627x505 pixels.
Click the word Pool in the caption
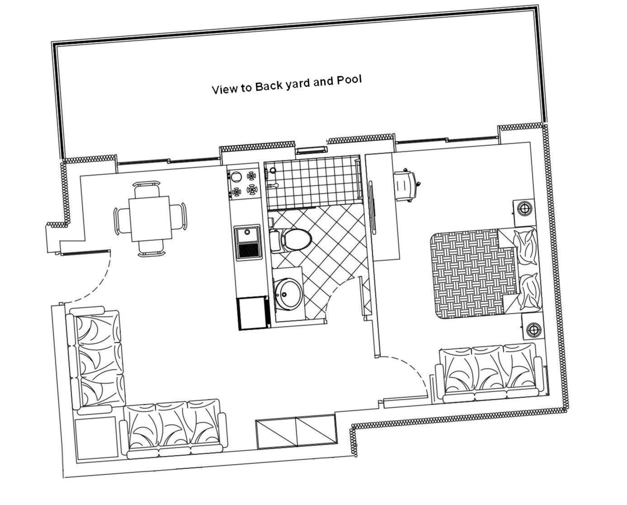[349, 80]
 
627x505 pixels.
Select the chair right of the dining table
[178, 216]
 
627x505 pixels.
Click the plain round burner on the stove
[236, 176]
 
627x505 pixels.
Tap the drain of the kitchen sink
[247, 232]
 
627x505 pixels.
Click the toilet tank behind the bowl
[275, 241]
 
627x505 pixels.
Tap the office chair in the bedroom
[406, 185]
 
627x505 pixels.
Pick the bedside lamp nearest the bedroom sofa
[533, 330]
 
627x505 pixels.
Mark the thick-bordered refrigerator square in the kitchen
[252, 313]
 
